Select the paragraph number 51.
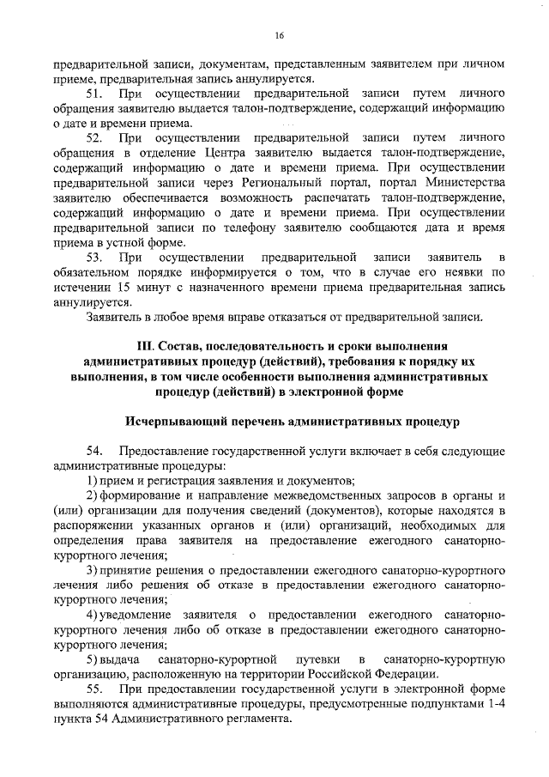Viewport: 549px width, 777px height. point(94,91)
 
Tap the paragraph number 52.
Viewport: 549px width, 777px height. point(94,137)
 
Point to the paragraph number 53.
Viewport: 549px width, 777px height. point(94,257)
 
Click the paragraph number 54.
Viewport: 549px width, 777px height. point(94,451)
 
